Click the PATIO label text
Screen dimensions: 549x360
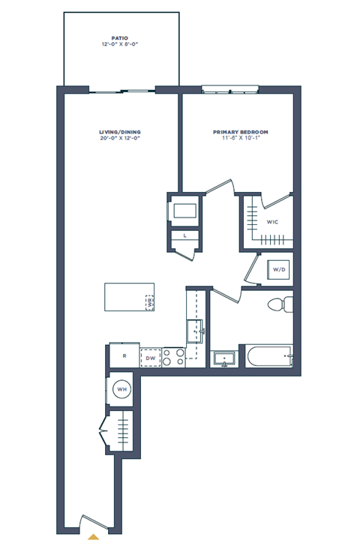[x=120, y=38]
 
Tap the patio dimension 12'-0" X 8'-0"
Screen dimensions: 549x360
[x=120, y=45]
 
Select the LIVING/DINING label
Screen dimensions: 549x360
[x=120, y=132]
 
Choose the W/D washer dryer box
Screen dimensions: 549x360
[x=278, y=268]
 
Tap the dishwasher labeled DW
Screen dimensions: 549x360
[x=150, y=358]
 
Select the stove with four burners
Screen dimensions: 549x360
[x=174, y=358]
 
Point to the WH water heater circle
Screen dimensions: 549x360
[x=121, y=389]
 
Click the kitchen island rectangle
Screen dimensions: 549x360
[x=129, y=296]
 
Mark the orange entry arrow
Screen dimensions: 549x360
[x=93, y=536]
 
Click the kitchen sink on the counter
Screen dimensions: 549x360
[x=196, y=328]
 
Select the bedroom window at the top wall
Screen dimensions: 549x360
[x=231, y=90]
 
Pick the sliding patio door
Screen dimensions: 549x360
[x=121, y=91]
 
